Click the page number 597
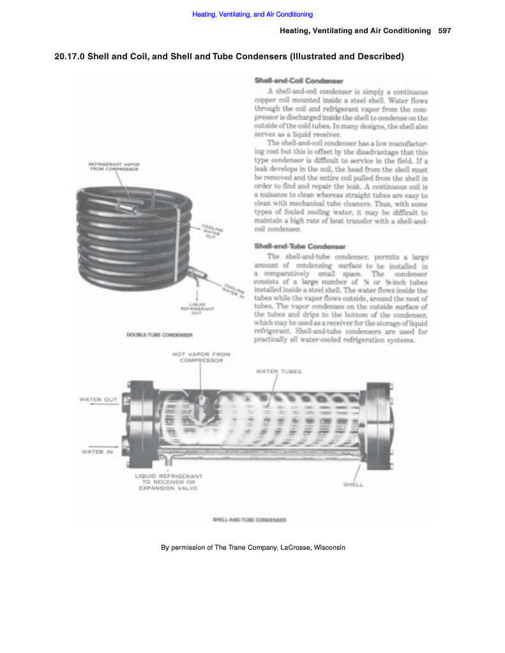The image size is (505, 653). [x=445, y=31]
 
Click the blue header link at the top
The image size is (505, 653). [x=252, y=14]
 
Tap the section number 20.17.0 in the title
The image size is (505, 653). [x=70, y=57]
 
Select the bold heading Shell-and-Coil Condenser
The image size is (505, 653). [x=299, y=82]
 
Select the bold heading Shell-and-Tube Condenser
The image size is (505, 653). [x=300, y=246]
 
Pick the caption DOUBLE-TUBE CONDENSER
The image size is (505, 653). [x=160, y=334]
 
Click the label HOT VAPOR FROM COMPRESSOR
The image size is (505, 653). [x=201, y=357]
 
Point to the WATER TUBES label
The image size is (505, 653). [x=278, y=371]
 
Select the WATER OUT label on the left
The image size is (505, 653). [x=98, y=400]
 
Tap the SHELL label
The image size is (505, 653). [x=353, y=485]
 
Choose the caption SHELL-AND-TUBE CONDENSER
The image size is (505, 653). [x=250, y=520]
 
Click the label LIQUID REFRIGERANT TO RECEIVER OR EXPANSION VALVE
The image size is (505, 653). [x=169, y=482]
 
